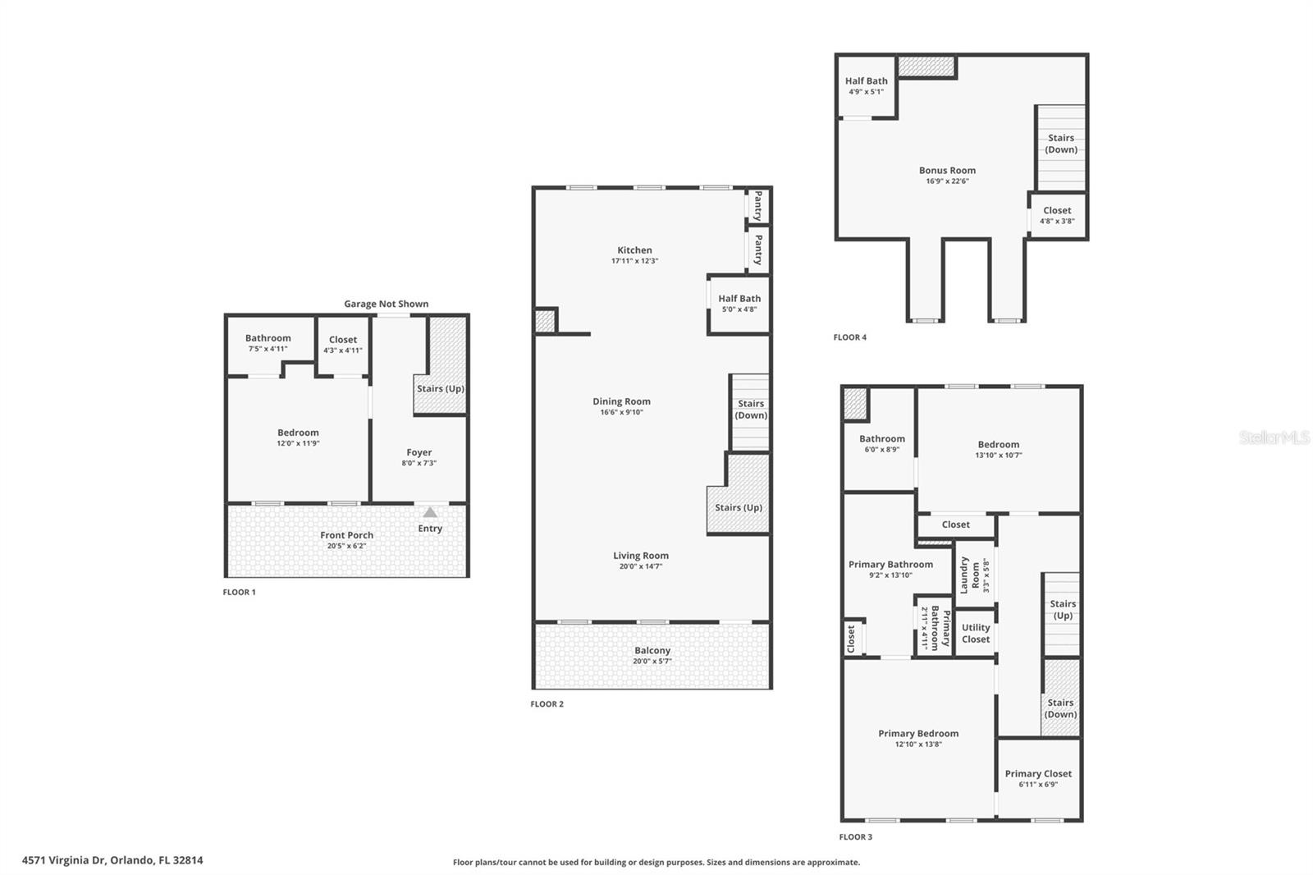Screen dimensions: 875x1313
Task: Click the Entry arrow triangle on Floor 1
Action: [430, 512]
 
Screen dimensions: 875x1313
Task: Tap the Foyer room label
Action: [419, 452]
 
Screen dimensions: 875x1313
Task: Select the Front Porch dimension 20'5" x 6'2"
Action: [346, 546]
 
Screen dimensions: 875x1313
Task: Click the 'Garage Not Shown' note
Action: [386, 304]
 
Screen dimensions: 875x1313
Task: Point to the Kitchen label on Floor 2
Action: [634, 250]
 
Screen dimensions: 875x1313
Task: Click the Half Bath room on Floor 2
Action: [739, 303]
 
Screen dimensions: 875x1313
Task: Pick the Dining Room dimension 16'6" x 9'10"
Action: [621, 412]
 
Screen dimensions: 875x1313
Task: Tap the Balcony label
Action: [652, 650]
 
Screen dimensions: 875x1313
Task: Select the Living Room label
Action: [640, 556]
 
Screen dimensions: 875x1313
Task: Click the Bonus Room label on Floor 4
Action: [947, 171]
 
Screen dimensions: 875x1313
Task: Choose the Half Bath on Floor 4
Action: [866, 85]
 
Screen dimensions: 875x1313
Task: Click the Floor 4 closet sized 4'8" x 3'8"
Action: [1057, 215]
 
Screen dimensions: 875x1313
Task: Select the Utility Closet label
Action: [976, 633]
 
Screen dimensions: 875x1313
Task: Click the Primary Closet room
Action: [1038, 778]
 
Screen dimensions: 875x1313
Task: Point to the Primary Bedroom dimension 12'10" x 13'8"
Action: [918, 744]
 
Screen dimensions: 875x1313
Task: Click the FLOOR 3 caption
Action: [855, 837]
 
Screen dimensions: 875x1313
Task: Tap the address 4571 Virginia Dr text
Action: [112, 860]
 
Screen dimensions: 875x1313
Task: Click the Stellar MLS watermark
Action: [1274, 438]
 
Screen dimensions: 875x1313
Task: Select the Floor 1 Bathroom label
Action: [268, 338]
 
